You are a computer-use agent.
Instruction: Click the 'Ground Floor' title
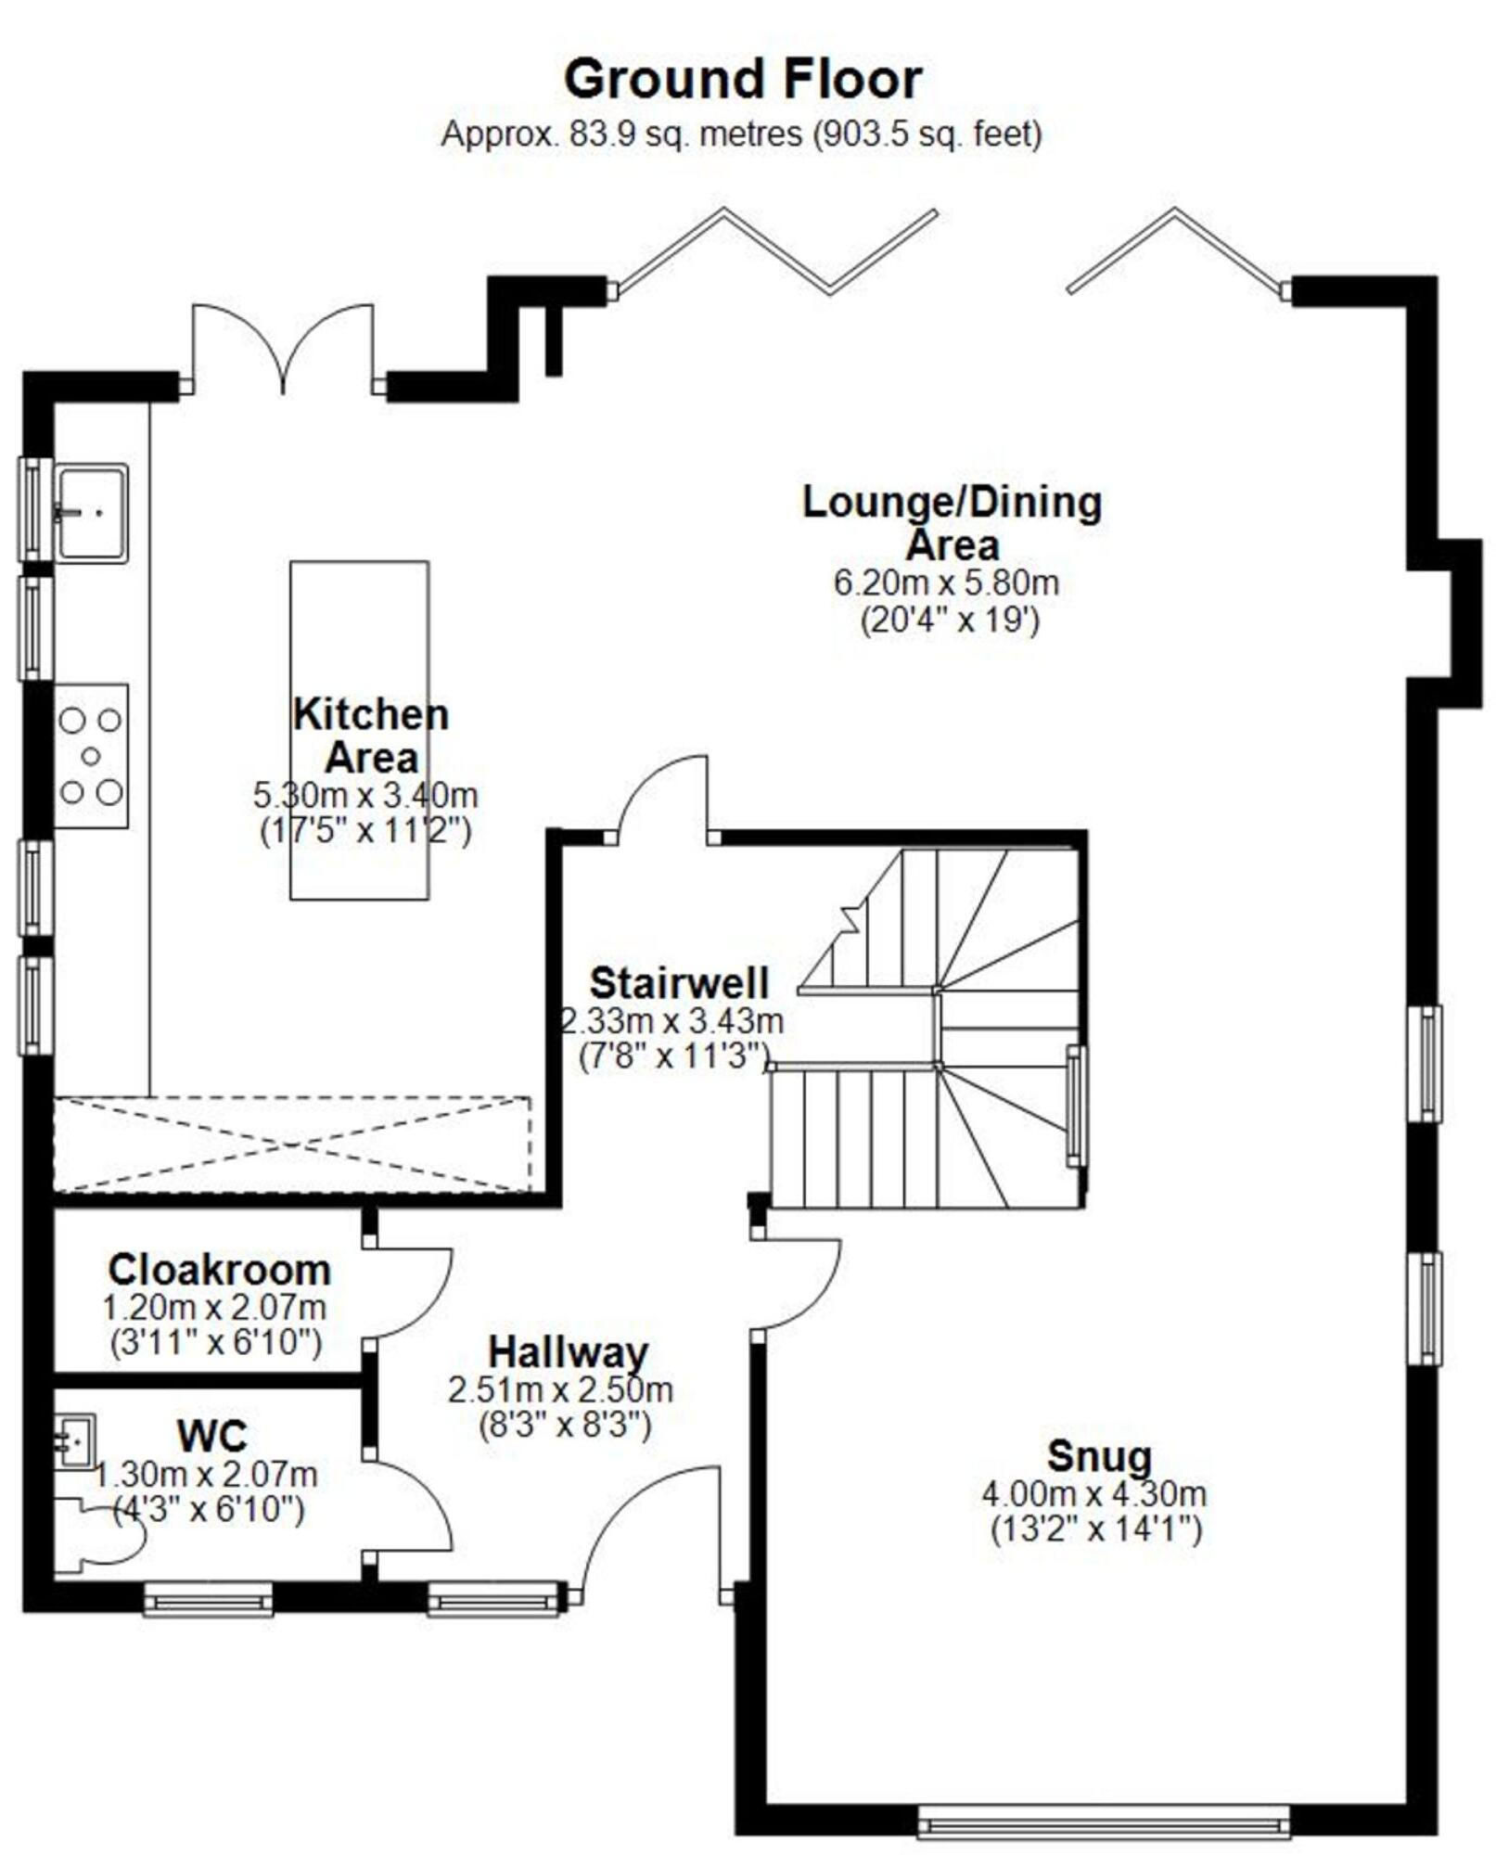743,79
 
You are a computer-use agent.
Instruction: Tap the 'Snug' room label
1099,1455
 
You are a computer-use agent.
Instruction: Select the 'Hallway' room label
568,1352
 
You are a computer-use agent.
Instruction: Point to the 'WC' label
212,1437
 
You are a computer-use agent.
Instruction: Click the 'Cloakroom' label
219,1269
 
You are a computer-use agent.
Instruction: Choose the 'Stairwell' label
680,982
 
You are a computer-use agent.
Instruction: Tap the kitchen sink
91,513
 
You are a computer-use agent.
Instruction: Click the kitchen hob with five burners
91,756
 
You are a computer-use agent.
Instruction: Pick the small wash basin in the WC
74,1440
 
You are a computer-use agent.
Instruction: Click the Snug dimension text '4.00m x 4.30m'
1094,1494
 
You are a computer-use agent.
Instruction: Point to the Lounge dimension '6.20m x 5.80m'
946,582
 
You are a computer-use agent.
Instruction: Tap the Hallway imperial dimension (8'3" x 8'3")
565,1425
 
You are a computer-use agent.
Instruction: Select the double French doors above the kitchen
283,349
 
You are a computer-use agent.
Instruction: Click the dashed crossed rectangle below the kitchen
292,1145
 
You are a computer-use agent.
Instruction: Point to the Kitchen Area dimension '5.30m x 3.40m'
365,795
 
